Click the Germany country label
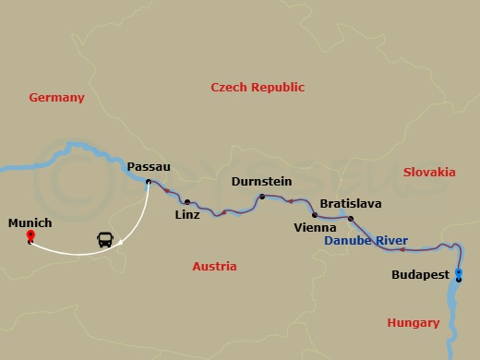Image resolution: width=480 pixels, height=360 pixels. pos(56,97)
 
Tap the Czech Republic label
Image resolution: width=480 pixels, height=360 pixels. pos(258,87)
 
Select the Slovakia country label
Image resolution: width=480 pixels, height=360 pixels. pos(429,172)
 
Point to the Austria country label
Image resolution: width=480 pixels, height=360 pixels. pos(214,266)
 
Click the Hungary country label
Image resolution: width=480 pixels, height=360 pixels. pos(413,322)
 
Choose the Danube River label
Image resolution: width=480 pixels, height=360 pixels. pos(366,241)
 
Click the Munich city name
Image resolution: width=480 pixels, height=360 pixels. pos(30,222)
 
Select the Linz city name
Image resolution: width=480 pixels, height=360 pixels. pos(187,215)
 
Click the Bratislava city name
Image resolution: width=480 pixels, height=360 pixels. pos(350,203)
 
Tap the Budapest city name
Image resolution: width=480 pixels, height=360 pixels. pos(420,275)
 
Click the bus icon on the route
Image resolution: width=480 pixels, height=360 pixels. pos(106,240)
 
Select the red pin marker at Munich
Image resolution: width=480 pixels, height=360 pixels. pos(30,237)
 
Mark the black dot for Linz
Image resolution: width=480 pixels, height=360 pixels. pos(187,201)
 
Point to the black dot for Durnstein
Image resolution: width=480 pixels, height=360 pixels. pos(262,197)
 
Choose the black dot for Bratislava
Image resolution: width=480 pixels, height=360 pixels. pos(351,218)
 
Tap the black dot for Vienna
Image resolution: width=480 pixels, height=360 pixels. pos(315,215)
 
